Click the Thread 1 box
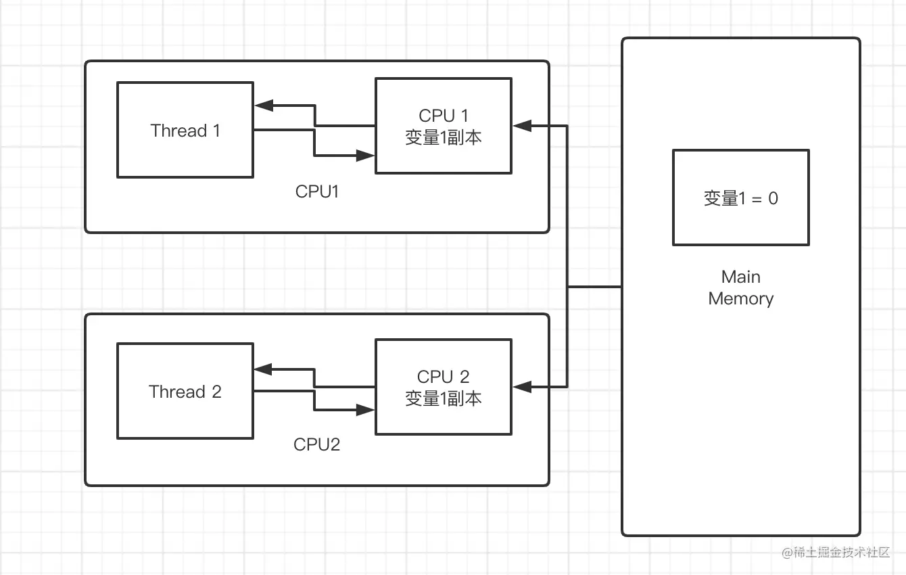point(185,130)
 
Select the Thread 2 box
point(185,391)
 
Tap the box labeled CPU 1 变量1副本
point(444,126)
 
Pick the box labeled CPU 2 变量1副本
point(444,387)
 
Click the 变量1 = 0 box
point(741,198)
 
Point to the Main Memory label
point(741,287)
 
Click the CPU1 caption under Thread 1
point(317,191)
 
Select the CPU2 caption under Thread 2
point(317,444)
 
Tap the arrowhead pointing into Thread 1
point(262,106)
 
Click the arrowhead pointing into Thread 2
point(262,369)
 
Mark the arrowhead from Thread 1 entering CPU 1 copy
point(367,156)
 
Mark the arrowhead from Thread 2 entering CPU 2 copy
point(367,410)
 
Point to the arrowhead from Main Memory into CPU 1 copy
point(521,126)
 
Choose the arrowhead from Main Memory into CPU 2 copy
point(521,387)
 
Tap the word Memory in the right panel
point(741,299)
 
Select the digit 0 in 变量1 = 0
point(773,198)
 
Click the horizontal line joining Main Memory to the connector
point(594,287)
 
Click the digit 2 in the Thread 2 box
point(216,392)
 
